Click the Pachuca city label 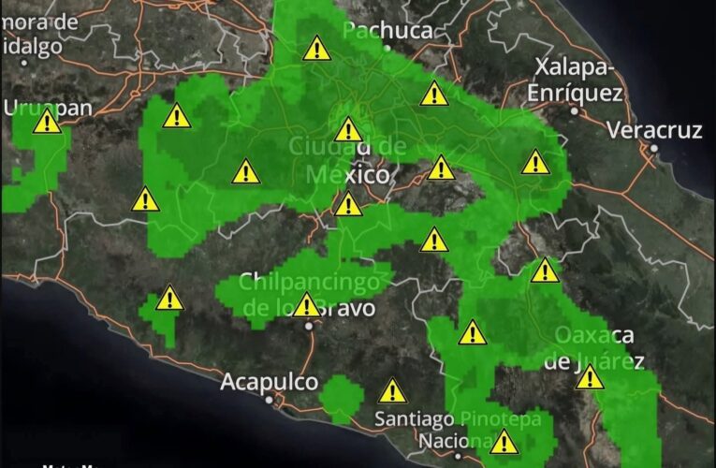coord(387,31)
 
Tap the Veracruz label coord(654,130)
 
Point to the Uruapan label coord(49,108)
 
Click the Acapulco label coord(270,382)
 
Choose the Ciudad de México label coord(347,160)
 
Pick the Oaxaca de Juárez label coord(594,347)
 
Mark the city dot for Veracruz coord(655,149)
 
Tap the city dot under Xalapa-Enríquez coord(574,111)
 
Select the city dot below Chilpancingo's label coord(308,326)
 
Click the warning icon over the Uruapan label coord(46,122)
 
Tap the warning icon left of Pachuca coord(316,48)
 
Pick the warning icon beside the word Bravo coord(306,305)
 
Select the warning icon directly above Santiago coord(392,390)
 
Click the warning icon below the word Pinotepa coord(504,441)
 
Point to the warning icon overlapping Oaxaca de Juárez coord(589,377)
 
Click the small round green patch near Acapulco coord(339,400)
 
